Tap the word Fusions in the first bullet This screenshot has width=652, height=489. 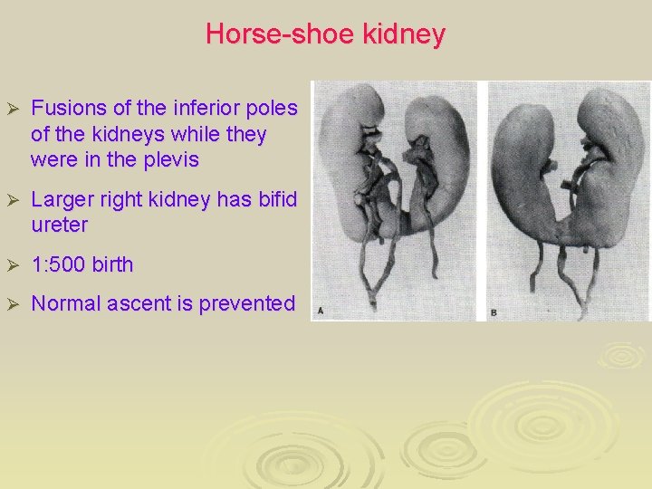(66, 109)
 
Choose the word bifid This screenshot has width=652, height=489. (273, 199)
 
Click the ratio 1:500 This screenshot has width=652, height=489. (59, 265)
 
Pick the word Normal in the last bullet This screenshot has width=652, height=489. (66, 304)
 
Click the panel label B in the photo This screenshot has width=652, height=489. (494, 312)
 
